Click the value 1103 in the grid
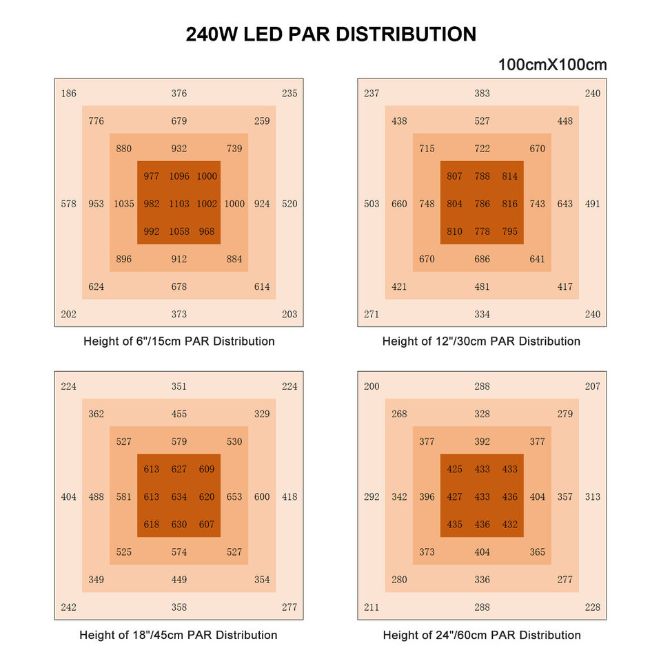[x=179, y=204]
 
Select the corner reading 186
[x=69, y=94]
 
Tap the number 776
[x=96, y=121]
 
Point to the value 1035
[x=124, y=204]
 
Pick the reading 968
[x=207, y=231]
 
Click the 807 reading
[x=455, y=176]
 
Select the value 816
[x=510, y=204]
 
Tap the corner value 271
[x=372, y=314]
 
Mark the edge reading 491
[x=593, y=204]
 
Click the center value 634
[x=179, y=496]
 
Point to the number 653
[x=234, y=496]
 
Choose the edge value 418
[x=289, y=496]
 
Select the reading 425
[x=455, y=469]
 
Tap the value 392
[x=482, y=441]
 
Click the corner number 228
[x=593, y=607]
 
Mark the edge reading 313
[x=593, y=496]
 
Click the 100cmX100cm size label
[x=552, y=65]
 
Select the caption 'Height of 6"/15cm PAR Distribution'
[x=179, y=342]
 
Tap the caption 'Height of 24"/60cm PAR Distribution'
[x=482, y=635]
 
